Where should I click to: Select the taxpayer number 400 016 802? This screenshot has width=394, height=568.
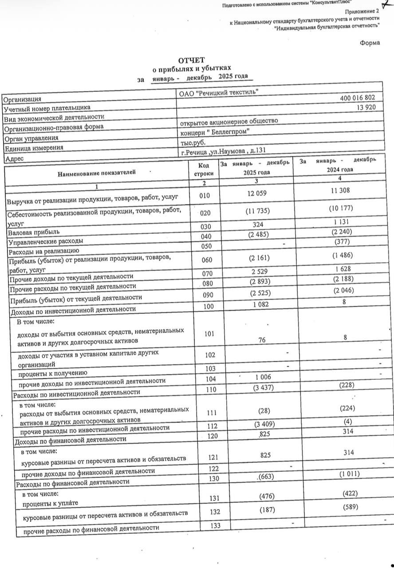click(x=358, y=98)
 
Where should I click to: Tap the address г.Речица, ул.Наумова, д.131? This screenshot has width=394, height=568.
click(x=223, y=151)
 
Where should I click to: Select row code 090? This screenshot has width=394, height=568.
click(x=207, y=295)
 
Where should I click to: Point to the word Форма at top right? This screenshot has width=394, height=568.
click(x=370, y=43)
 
